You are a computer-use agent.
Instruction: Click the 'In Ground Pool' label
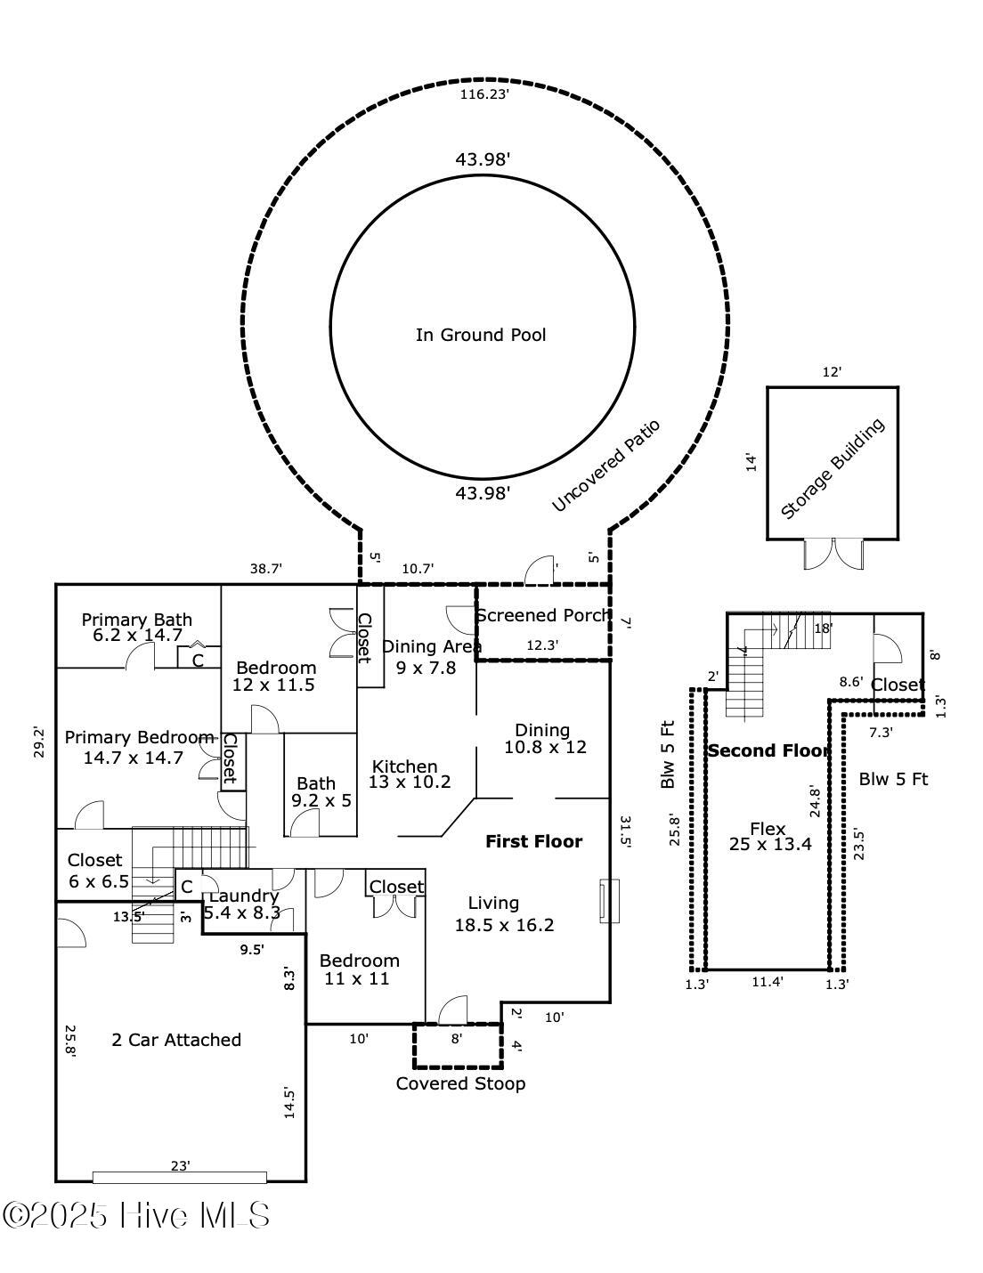click(481, 335)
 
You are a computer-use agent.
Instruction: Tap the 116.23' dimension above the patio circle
click(483, 93)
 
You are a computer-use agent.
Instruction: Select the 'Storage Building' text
click(833, 468)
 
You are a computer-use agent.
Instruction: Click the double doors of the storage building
click(833, 554)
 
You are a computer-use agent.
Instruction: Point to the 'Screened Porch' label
click(543, 615)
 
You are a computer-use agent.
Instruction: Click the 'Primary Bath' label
click(136, 620)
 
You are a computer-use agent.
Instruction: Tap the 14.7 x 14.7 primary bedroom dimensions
click(134, 758)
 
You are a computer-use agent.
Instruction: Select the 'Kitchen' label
click(404, 766)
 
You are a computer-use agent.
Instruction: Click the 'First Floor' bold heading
click(533, 841)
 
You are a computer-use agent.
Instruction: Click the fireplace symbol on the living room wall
click(609, 901)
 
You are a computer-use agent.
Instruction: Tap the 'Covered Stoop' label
click(460, 1083)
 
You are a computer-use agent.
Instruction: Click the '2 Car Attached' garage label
click(176, 1039)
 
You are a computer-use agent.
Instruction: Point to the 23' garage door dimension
click(181, 1165)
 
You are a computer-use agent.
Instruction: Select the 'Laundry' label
click(243, 896)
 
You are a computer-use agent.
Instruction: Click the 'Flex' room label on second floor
click(768, 828)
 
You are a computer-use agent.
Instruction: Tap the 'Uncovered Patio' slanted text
click(605, 466)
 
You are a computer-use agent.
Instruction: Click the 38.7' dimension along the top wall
click(265, 568)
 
